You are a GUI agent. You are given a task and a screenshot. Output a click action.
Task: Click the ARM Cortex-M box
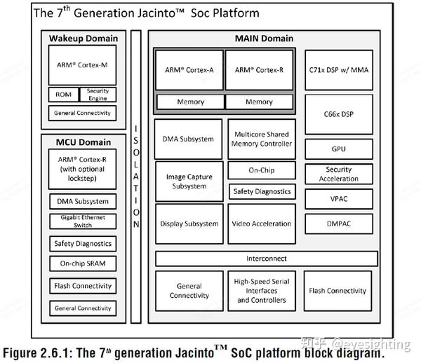(82, 65)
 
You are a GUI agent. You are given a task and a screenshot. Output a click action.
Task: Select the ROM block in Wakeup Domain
(64, 95)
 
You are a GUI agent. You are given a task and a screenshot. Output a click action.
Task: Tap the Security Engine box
(98, 95)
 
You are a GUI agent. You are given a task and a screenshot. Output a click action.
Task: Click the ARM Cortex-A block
(189, 70)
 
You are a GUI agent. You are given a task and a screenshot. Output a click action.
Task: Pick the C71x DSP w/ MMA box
(339, 70)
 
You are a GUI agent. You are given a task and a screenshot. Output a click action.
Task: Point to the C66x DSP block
(339, 114)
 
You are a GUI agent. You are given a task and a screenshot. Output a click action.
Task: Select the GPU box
(339, 149)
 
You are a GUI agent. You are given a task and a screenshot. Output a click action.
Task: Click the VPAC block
(339, 199)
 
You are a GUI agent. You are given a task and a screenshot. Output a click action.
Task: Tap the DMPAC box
(339, 224)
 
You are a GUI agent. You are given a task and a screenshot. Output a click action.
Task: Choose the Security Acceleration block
(339, 174)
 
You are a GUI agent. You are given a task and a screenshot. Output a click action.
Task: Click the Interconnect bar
(267, 259)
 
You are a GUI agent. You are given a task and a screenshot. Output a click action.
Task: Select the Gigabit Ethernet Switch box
(83, 221)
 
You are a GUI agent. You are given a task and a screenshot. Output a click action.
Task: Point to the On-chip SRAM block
(83, 263)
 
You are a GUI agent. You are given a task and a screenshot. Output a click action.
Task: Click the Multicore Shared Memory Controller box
(262, 139)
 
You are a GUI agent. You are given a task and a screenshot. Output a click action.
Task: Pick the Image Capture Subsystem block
(189, 181)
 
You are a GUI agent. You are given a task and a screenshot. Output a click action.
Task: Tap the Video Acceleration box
(262, 224)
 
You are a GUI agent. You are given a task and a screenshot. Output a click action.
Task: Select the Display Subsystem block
(189, 224)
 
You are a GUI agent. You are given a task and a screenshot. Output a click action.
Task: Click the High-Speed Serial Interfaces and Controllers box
(262, 291)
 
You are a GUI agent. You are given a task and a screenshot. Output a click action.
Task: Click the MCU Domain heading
(83, 142)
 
